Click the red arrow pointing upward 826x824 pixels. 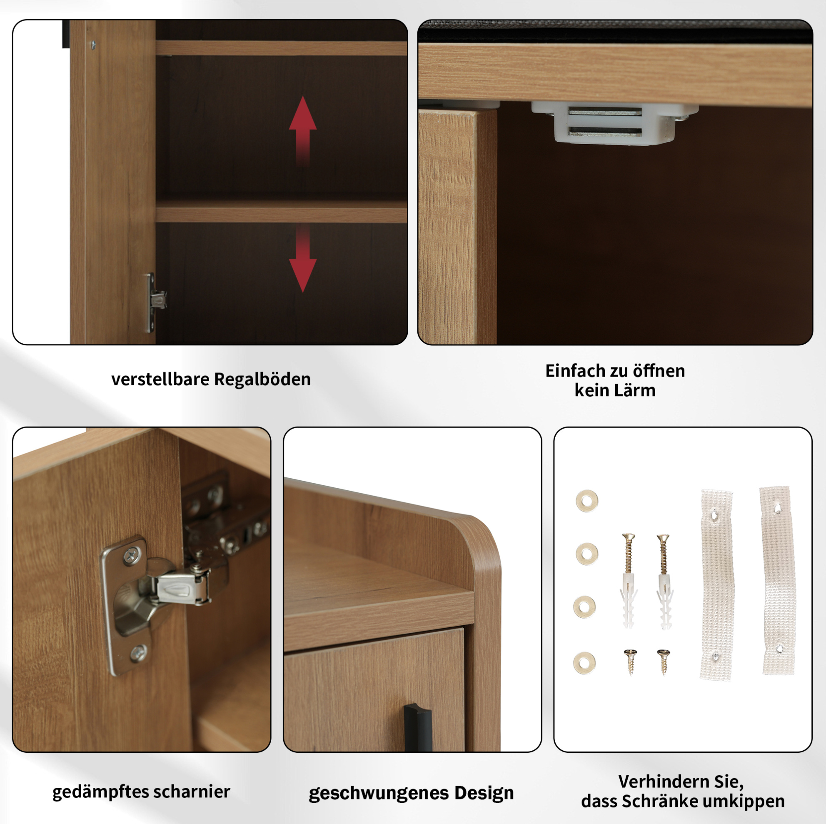tap(303, 130)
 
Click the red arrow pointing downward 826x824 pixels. tap(303, 259)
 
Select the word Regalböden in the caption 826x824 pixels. tap(262, 379)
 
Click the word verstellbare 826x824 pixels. tap(160, 379)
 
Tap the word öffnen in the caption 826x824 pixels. tap(659, 371)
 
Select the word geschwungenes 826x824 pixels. tap(379, 793)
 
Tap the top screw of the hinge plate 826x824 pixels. tap(131, 555)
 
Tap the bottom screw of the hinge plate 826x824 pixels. tap(138, 652)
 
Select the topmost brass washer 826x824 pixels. tap(586, 500)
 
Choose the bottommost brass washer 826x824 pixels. tap(584, 663)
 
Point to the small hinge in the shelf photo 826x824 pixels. tap(156, 302)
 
